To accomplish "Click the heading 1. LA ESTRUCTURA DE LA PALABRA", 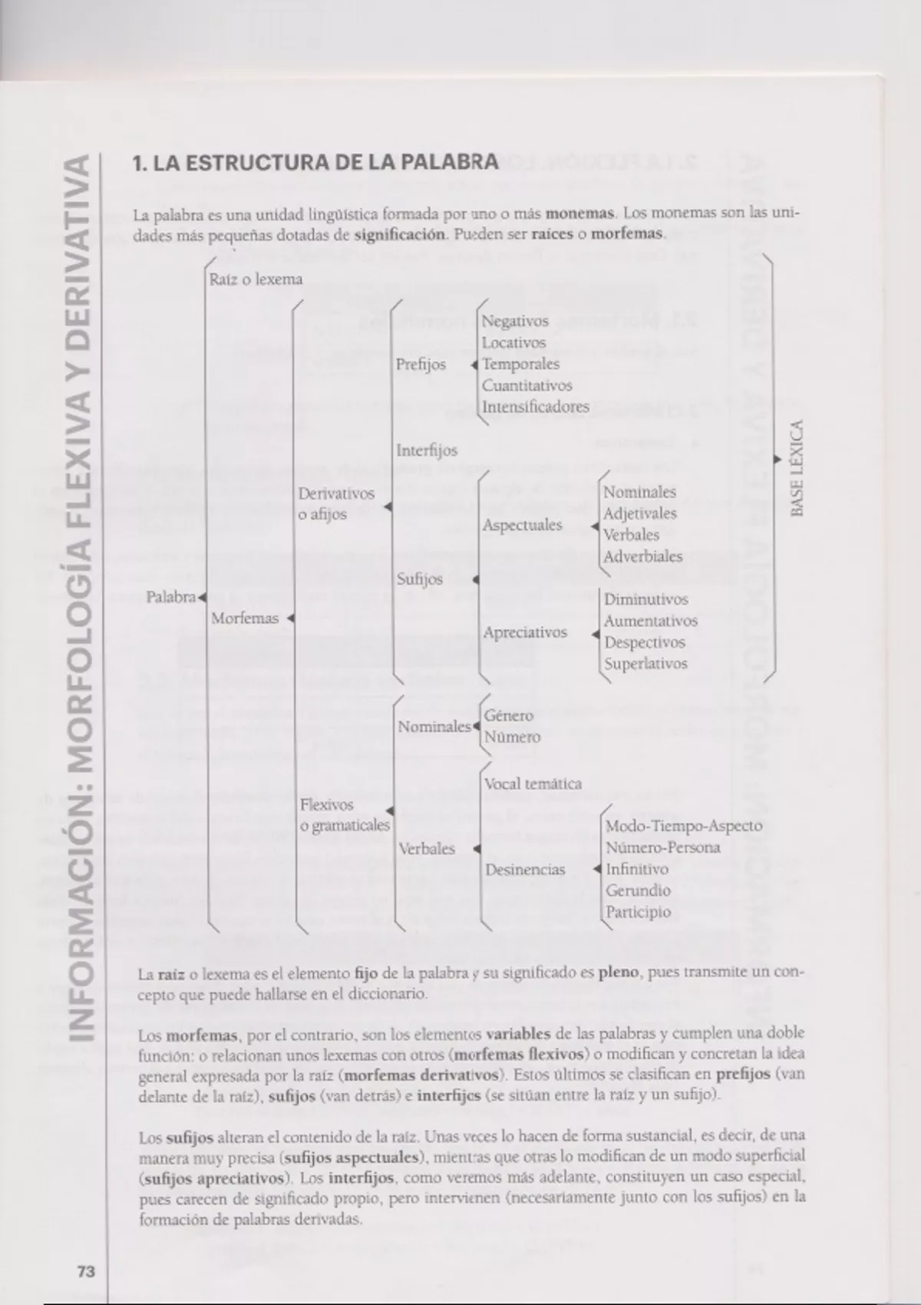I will (315, 164).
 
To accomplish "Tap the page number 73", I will (86, 1271).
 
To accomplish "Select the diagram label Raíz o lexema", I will (256, 279).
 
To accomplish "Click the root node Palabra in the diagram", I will (171, 596).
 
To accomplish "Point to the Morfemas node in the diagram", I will (245, 618).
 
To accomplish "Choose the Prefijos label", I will (421, 365).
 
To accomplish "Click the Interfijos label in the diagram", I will (427, 451).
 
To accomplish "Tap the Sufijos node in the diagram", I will (420, 579).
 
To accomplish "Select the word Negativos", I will (515, 322).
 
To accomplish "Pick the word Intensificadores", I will (536, 407).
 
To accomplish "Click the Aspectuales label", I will (522, 526).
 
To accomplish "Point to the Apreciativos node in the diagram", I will (525, 633).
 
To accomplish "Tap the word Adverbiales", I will (642, 557).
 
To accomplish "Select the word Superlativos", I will (645, 664).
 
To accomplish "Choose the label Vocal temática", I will (533, 784).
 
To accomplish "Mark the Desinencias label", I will (525, 870).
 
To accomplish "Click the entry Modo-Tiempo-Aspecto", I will (684, 826).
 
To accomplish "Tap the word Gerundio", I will (638, 890).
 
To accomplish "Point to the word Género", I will (508, 715).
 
